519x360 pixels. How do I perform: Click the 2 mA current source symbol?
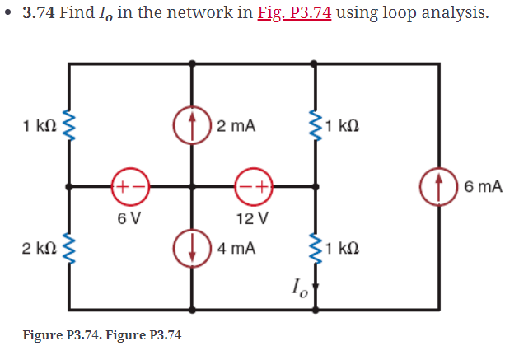[x=191, y=126]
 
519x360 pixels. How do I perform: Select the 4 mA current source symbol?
[x=191, y=247]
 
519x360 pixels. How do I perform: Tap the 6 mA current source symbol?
[x=437, y=186]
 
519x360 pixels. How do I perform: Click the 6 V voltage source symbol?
[x=129, y=186]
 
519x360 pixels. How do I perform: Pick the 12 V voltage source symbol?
[x=253, y=186]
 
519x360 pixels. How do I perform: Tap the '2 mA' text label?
[x=236, y=126]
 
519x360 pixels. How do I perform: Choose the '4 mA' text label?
[x=236, y=247]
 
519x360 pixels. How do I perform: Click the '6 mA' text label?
[x=482, y=187]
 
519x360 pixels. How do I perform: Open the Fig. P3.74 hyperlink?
[x=296, y=15]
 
